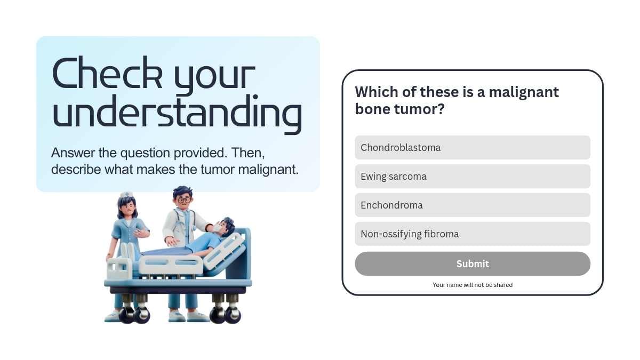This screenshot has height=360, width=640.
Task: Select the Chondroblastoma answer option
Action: click(473, 147)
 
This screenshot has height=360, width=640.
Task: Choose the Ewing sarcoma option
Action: click(473, 177)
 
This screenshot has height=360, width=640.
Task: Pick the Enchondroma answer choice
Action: click(473, 205)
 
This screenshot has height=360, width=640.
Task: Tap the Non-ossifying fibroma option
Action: click(473, 234)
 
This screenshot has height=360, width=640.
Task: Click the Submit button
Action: click(473, 263)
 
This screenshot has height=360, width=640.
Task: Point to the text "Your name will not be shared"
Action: click(473, 285)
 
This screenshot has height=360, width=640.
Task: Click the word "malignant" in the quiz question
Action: click(524, 93)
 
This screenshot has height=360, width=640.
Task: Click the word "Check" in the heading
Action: click(107, 73)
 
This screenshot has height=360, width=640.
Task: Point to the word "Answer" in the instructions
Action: click(73, 153)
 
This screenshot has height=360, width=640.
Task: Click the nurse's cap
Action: click(126, 194)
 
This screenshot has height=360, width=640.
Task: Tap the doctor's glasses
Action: click(185, 199)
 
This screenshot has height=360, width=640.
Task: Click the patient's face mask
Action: click(217, 228)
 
